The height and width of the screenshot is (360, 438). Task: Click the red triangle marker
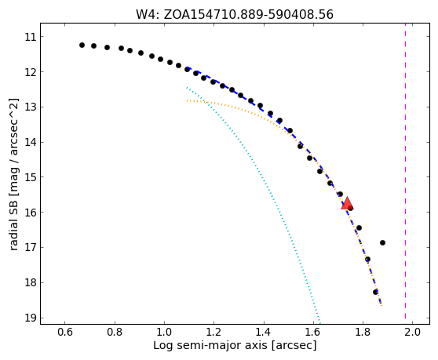(x=347, y=203)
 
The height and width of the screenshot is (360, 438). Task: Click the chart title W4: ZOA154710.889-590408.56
(x=235, y=14)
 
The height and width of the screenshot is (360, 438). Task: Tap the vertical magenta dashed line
(x=405, y=173)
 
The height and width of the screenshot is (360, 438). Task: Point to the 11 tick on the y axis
(x=41, y=37)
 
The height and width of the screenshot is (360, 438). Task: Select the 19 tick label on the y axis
(x=31, y=318)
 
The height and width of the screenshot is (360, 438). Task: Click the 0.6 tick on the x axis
(x=65, y=323)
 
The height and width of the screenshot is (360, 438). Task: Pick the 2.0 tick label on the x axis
(x=412, y=332)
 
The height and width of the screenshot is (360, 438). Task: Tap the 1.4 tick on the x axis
(x=264, y=323)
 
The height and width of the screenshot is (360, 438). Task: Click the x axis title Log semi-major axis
(x=210, y=345)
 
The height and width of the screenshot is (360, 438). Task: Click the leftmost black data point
(x=82, y=45)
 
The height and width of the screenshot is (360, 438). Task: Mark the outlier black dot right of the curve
(x=382, y=243)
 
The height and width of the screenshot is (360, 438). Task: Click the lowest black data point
(x=375, y=292)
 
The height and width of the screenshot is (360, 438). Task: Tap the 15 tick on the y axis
(x=41, y=177)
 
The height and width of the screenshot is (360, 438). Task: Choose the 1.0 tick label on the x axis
(x=164, y=332)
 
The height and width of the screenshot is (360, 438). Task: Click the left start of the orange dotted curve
(x=187, y=100)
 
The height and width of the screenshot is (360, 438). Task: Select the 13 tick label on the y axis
(x=31, y=107)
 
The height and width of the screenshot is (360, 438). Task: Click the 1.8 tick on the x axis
(x=363, y=323)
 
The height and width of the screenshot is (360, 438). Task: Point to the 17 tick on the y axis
(x=41, y=247)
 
